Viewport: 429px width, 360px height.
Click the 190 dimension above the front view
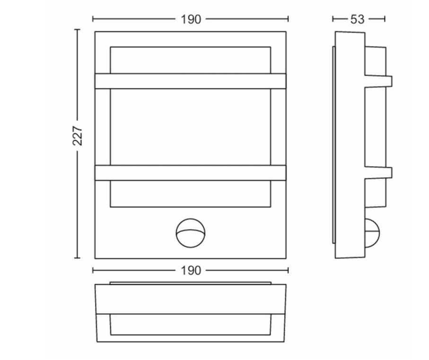point(191,19)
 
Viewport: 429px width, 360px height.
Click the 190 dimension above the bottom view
point(191,270)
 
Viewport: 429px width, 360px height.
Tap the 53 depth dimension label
point(358,19)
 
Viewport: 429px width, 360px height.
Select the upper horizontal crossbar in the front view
point(190,81)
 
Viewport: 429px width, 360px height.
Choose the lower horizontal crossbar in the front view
point(190,172)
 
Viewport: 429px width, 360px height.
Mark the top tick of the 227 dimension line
point(77,29)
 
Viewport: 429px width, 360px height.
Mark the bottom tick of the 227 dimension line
point(77,258)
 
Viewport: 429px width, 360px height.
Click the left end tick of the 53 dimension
point(333,19)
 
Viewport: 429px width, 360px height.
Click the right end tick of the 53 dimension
point(385,19)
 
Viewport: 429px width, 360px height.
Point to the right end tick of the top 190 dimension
point(288,19)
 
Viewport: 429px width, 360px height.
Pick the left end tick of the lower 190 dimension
point(93,270)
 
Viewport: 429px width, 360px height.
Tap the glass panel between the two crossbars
point(190,127)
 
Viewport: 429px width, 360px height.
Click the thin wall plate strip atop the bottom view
point(190,284)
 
